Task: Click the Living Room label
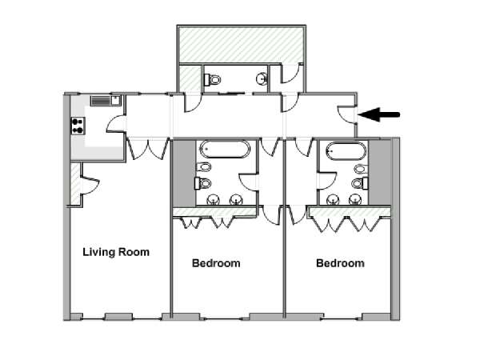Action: click(x=116, y=252)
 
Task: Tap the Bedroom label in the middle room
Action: click(x=216, y=263)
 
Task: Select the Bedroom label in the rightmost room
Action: click(x=340, y=263)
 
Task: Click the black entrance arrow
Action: click(x=378, y=114)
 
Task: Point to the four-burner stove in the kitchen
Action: click(x=78, y=126)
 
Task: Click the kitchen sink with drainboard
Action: click(x=106, y=101)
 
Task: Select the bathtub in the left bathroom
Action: click(x=225, y=149)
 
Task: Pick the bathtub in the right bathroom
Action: click(x=346, y=150)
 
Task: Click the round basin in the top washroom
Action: click(x=262, y=78)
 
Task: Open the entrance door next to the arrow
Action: click(x=346, y=114)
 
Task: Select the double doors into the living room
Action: click(x=148, y=149)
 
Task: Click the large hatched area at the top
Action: click(x=242, y=45)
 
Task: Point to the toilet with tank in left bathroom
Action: click(x=202, y=183)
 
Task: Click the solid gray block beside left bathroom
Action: click(x=184, y=174)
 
